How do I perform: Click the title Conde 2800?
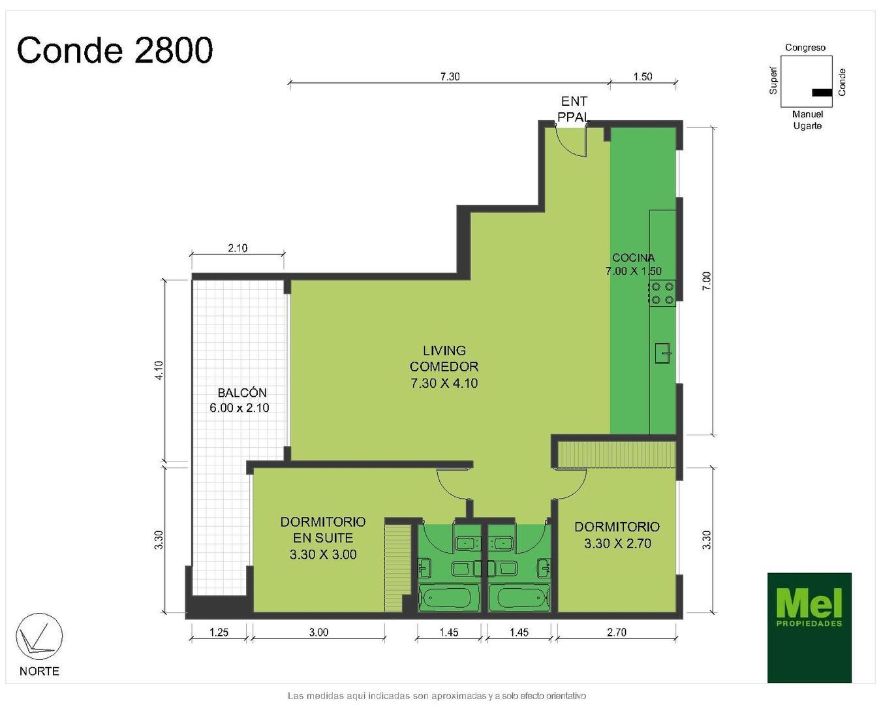[115, 50]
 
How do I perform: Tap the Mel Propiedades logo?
[809, 627]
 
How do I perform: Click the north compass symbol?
[39, 636]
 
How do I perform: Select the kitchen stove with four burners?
[662, 293]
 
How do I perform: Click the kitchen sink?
[664, 353]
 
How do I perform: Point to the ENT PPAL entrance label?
[574, 109]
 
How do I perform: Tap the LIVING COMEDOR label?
[444, 366]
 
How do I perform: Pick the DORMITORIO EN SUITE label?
[323, 538]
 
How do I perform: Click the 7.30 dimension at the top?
[449, 76]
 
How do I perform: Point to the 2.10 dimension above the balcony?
[238, 248]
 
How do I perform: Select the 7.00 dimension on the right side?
[707, 281]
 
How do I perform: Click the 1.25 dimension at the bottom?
[219, 632]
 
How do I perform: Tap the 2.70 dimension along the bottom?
[617, 632]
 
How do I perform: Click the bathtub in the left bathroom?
[449, 597]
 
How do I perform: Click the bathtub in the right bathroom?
[519, 597]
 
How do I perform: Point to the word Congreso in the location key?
[805, 48]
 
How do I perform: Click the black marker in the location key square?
[822, 92]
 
